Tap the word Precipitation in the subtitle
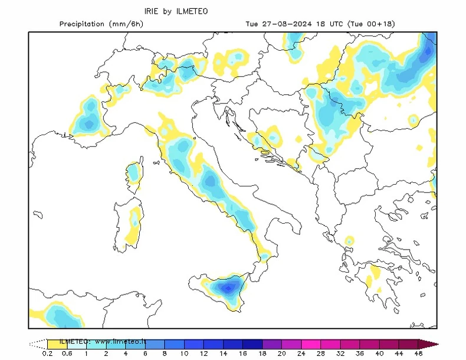coord(82,24)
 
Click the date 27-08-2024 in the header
coord(283,24)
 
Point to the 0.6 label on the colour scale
coord(67,354)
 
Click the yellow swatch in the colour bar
coord(57,343)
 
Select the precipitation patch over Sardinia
coord(135,221)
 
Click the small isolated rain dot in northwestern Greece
coord(349,241)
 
